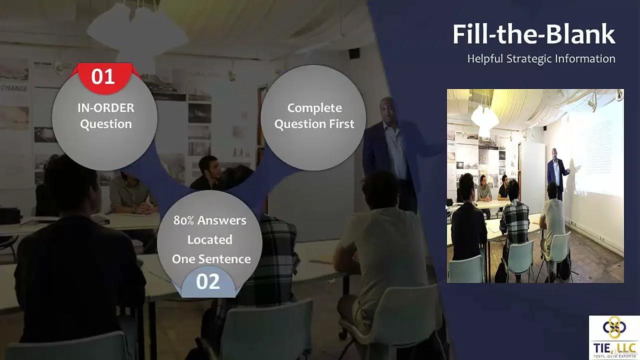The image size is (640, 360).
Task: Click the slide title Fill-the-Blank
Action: coord(533,34)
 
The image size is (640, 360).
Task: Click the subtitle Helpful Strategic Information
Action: coord(541,58)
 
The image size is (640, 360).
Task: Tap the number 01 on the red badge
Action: coord(103,76)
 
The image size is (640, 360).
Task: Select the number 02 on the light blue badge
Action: coord(208,281)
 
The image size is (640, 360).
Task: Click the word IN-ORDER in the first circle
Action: coord(105,107)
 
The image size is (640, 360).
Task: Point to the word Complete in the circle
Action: coord(314,107)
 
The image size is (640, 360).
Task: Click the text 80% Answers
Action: coord(209,220)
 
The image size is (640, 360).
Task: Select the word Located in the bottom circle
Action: coord(209,239)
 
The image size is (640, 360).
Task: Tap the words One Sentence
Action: coord(211,259)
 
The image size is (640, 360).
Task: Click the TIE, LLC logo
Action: coord(614,337)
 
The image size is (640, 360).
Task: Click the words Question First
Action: coord(314,124)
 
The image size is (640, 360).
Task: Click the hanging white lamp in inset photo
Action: coord(484,120)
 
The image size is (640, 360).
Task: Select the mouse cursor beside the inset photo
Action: coord(447,208)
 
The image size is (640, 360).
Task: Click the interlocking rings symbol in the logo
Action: coord(614,327)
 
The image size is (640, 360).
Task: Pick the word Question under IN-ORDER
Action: coord(105,124)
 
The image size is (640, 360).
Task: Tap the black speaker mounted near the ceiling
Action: coord(354,53)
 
